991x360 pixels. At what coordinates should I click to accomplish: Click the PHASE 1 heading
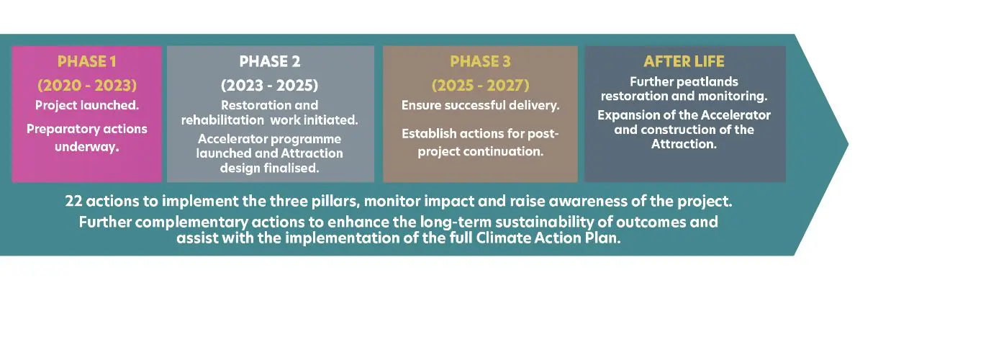pos(86,61)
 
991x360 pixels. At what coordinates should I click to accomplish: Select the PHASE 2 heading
pos(269,61)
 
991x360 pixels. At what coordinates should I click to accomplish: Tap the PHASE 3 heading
pos(480,61)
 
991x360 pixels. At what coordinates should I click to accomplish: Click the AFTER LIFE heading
pos(684,61)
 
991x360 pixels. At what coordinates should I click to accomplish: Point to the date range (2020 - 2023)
pos(86,85)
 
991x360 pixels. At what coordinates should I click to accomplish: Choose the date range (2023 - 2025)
pos(269,85)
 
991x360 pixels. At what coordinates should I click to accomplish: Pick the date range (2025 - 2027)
pos(480,85)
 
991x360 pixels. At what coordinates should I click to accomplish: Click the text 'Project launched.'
pos(86,105)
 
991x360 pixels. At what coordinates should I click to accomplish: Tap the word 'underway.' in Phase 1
pos(86,147)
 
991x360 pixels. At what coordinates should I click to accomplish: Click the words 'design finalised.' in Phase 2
pos(269,168)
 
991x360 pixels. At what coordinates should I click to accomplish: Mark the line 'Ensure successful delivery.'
pos(480,105)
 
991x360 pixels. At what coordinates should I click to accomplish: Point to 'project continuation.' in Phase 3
pos(480,151)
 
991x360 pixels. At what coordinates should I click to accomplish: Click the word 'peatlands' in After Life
pos(710,82)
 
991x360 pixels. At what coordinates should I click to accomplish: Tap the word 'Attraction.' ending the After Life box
pos(684,144)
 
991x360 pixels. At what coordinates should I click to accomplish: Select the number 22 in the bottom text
pos(73,201)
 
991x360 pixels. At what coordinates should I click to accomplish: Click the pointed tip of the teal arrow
pos(848,144)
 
